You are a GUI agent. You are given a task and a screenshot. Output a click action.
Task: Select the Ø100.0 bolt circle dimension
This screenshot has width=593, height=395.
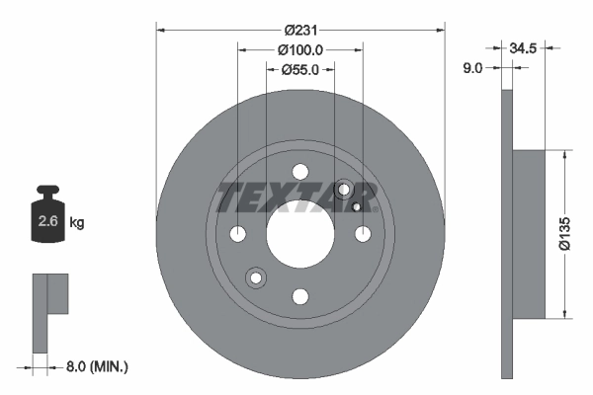(300, 49)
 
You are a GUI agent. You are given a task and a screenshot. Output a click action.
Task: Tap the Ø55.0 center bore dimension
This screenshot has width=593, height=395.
(300, 69)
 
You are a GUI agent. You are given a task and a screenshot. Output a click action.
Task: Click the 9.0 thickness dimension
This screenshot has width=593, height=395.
(472, 68)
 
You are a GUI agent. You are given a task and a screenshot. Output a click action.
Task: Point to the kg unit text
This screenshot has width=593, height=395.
(77, 223)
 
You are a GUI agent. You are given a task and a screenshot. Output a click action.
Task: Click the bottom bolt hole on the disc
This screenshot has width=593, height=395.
(300, 295)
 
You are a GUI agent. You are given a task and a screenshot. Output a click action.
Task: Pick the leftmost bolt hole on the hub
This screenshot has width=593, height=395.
(238, 234)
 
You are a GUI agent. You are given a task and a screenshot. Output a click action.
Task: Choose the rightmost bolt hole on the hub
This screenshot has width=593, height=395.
(363, 234)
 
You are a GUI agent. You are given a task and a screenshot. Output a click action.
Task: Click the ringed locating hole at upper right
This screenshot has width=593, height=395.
(345, 190)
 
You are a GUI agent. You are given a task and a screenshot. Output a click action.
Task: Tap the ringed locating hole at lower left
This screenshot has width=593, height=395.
(256, 278)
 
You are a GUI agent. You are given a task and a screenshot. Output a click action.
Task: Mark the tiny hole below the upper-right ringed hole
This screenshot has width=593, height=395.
(356, 207)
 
